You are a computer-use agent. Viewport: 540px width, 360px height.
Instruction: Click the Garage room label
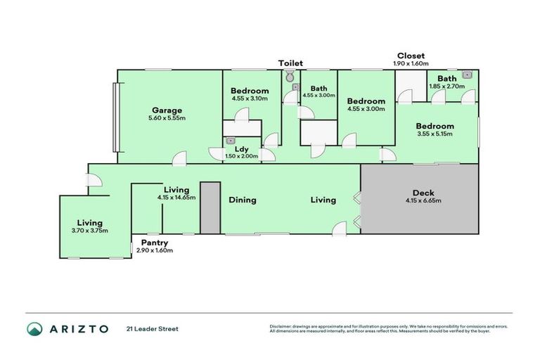167,110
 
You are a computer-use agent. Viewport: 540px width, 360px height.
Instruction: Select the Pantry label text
153,243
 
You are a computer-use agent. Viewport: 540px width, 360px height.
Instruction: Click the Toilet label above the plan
290,63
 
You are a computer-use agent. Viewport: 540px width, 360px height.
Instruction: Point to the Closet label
411,56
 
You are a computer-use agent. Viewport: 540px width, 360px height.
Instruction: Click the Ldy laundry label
240,149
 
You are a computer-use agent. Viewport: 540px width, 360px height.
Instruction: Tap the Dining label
242,200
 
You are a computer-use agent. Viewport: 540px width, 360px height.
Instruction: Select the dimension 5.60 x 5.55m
167,118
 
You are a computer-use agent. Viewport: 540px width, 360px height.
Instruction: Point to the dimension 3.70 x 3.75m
94,231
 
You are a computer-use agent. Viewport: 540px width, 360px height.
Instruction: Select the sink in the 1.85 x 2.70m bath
466,73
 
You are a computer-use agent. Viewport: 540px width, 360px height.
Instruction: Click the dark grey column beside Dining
210,207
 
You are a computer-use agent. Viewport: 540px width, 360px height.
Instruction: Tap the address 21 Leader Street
153,328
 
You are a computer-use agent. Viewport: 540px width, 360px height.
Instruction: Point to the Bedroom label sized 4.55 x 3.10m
250,91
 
